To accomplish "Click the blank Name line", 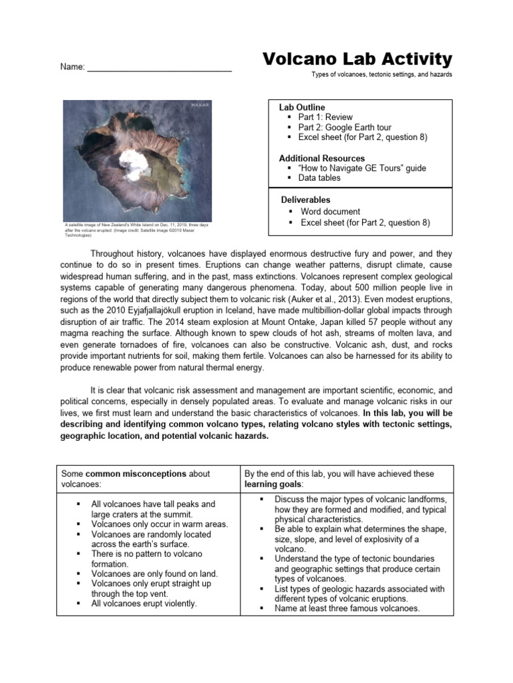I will click(x=160, y=67).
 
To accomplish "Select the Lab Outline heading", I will click(x=302, y=107).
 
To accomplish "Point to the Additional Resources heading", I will click(x=322, y=158).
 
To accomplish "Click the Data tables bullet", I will click(x=319, y=178).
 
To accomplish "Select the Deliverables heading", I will click(x=305, y=199).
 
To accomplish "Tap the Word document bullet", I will click(x=330, y=211).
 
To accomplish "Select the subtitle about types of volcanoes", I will click(x=381, y=75).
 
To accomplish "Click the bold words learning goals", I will click(x=273, y=484).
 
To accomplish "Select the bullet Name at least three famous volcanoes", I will click(x=347, y=608).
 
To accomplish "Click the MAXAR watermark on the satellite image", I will click(x=200, y=105).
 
